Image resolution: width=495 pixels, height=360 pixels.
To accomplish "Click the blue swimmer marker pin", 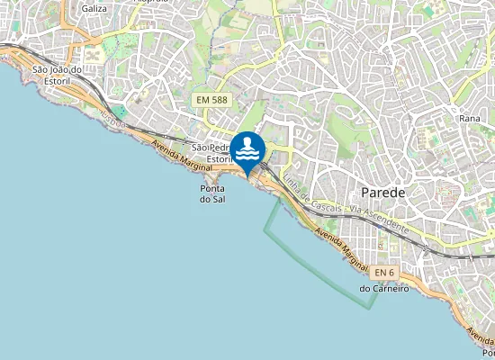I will tap(247, 149).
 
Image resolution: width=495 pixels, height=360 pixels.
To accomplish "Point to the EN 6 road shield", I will tap(384, 273).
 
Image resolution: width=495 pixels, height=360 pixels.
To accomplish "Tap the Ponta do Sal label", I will tap(212, 193).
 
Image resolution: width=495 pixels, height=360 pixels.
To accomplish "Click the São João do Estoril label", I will tap(57, 75).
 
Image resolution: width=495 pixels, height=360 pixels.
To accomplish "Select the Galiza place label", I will tap(94, 7).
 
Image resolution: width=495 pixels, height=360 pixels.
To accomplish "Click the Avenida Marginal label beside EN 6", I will tap(343, 248).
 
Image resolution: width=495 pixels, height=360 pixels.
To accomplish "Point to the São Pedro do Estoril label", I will tap(213, 153).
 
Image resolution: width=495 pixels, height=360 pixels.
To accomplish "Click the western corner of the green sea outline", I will tap(264, 232).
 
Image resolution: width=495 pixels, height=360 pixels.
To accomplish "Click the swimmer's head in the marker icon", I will tap(247, 140).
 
